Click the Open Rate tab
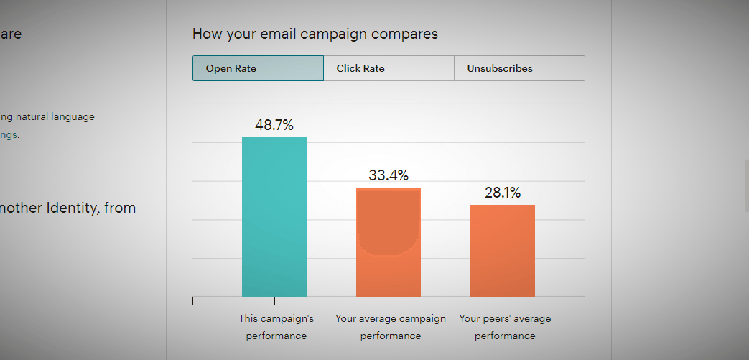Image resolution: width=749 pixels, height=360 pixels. [x=258, y=68]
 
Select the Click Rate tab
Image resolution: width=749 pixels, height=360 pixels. [x=389, y=68]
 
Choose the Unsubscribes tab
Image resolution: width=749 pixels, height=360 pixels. [x=519, y=68]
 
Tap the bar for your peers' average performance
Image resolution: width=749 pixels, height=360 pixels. [x=503, y=251]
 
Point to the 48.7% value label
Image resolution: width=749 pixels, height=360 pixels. [x=274, y=125]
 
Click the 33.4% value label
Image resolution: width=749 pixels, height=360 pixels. [x=389, y=175]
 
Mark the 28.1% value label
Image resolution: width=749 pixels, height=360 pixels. [x=503, y=193]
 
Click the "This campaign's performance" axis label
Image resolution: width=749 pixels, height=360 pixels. [x=276, y=327]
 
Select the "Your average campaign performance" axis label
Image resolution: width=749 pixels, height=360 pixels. [x=391, y=327]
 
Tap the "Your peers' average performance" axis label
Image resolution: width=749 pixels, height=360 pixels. [x=505, y=327]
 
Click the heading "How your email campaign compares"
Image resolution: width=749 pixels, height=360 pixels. [x=315, y=34]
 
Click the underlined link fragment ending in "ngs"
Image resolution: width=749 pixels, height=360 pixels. [x=9, y=134]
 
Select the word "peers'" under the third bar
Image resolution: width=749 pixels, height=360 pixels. [x=497, y=318]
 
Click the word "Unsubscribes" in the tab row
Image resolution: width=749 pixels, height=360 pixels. [x=500, y=68]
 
